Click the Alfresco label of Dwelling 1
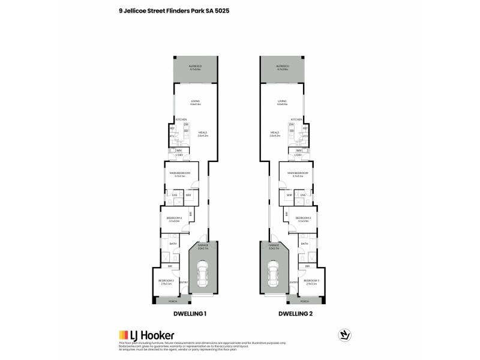195,67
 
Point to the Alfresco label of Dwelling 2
283,67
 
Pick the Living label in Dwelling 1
195,102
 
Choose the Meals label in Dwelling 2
275,134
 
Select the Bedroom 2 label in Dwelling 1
175,219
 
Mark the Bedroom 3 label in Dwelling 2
310,281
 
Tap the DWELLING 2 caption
296,313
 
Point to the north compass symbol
344,333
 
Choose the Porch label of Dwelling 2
305,302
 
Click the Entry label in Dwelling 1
182,282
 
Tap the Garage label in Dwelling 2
274,246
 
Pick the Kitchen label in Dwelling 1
181,120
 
